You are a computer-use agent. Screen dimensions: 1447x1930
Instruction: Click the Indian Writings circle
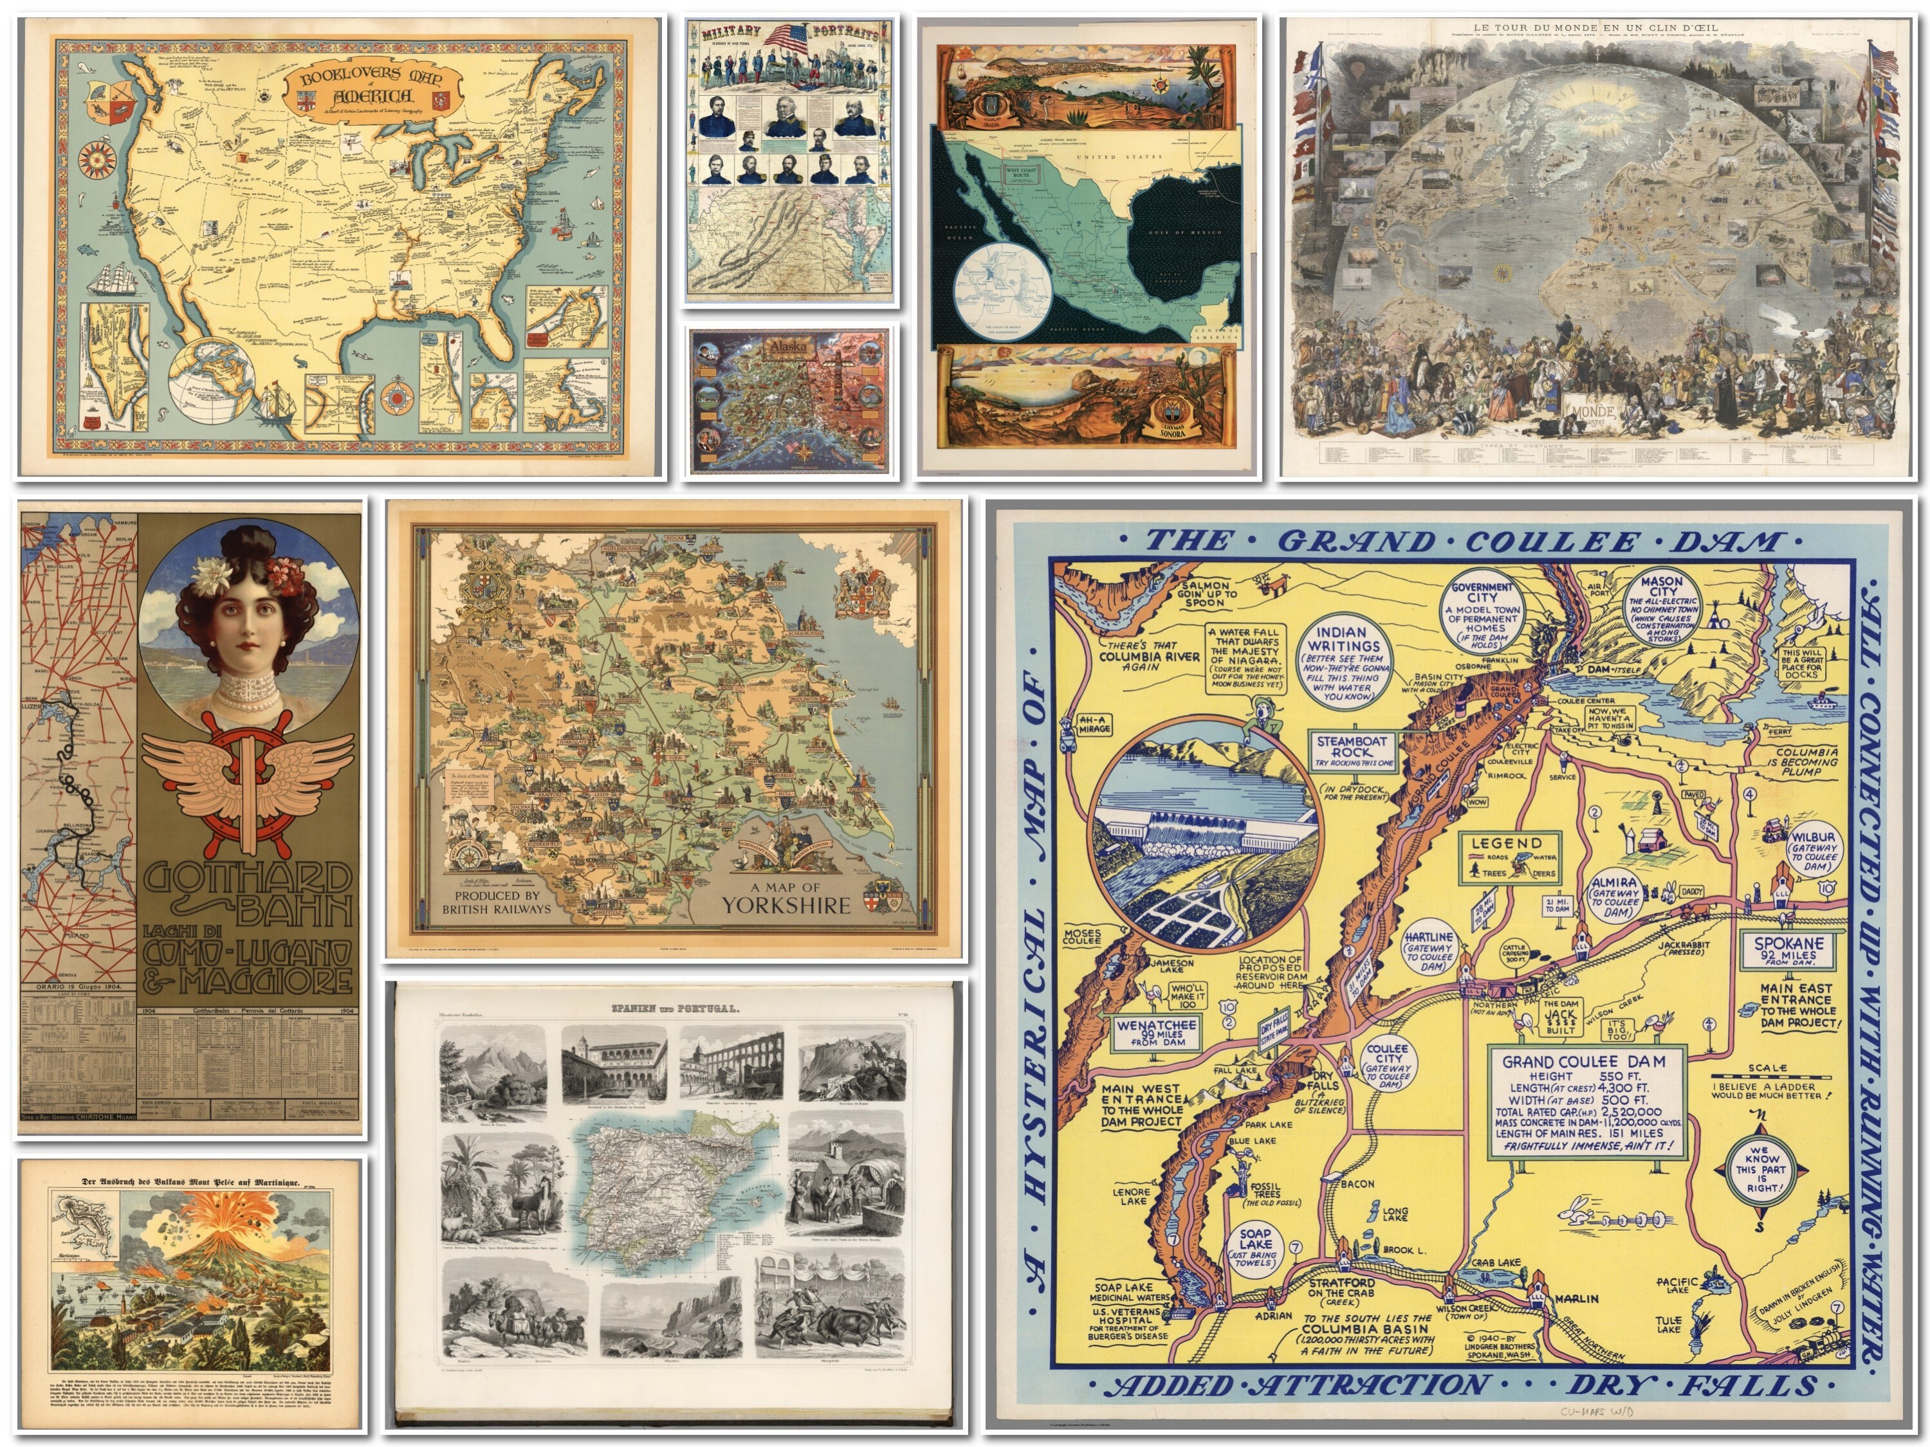1346,661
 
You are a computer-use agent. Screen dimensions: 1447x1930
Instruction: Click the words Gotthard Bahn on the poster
249,894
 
